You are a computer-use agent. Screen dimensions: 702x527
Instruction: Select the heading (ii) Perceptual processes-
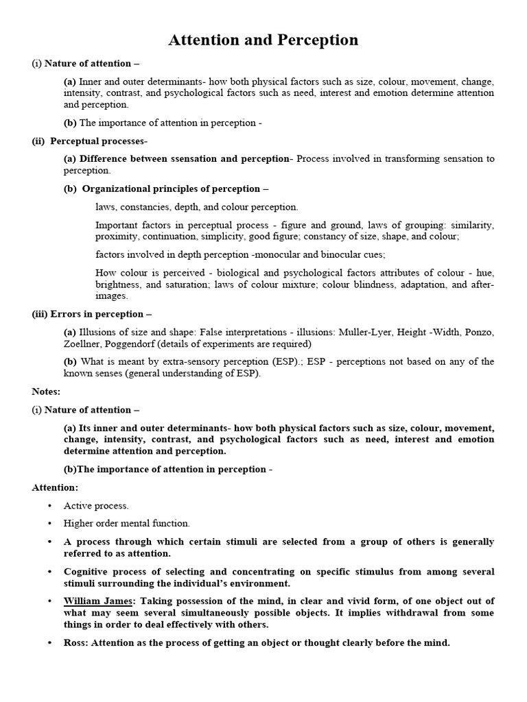pyautogui.click(x=89, y=141)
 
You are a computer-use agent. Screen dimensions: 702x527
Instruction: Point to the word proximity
pyautogui.click(x=116, y=236)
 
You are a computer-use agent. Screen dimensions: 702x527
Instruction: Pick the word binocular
pyautogui.click(x=327, y=254)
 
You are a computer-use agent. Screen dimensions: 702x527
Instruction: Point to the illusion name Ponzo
pyautogui.click(x=480, y=332)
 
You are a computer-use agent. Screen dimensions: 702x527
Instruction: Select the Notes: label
pyautogui.click(x=46, y=391)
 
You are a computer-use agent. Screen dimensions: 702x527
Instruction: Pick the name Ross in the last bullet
pyautogui.click(x=75, y=643)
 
